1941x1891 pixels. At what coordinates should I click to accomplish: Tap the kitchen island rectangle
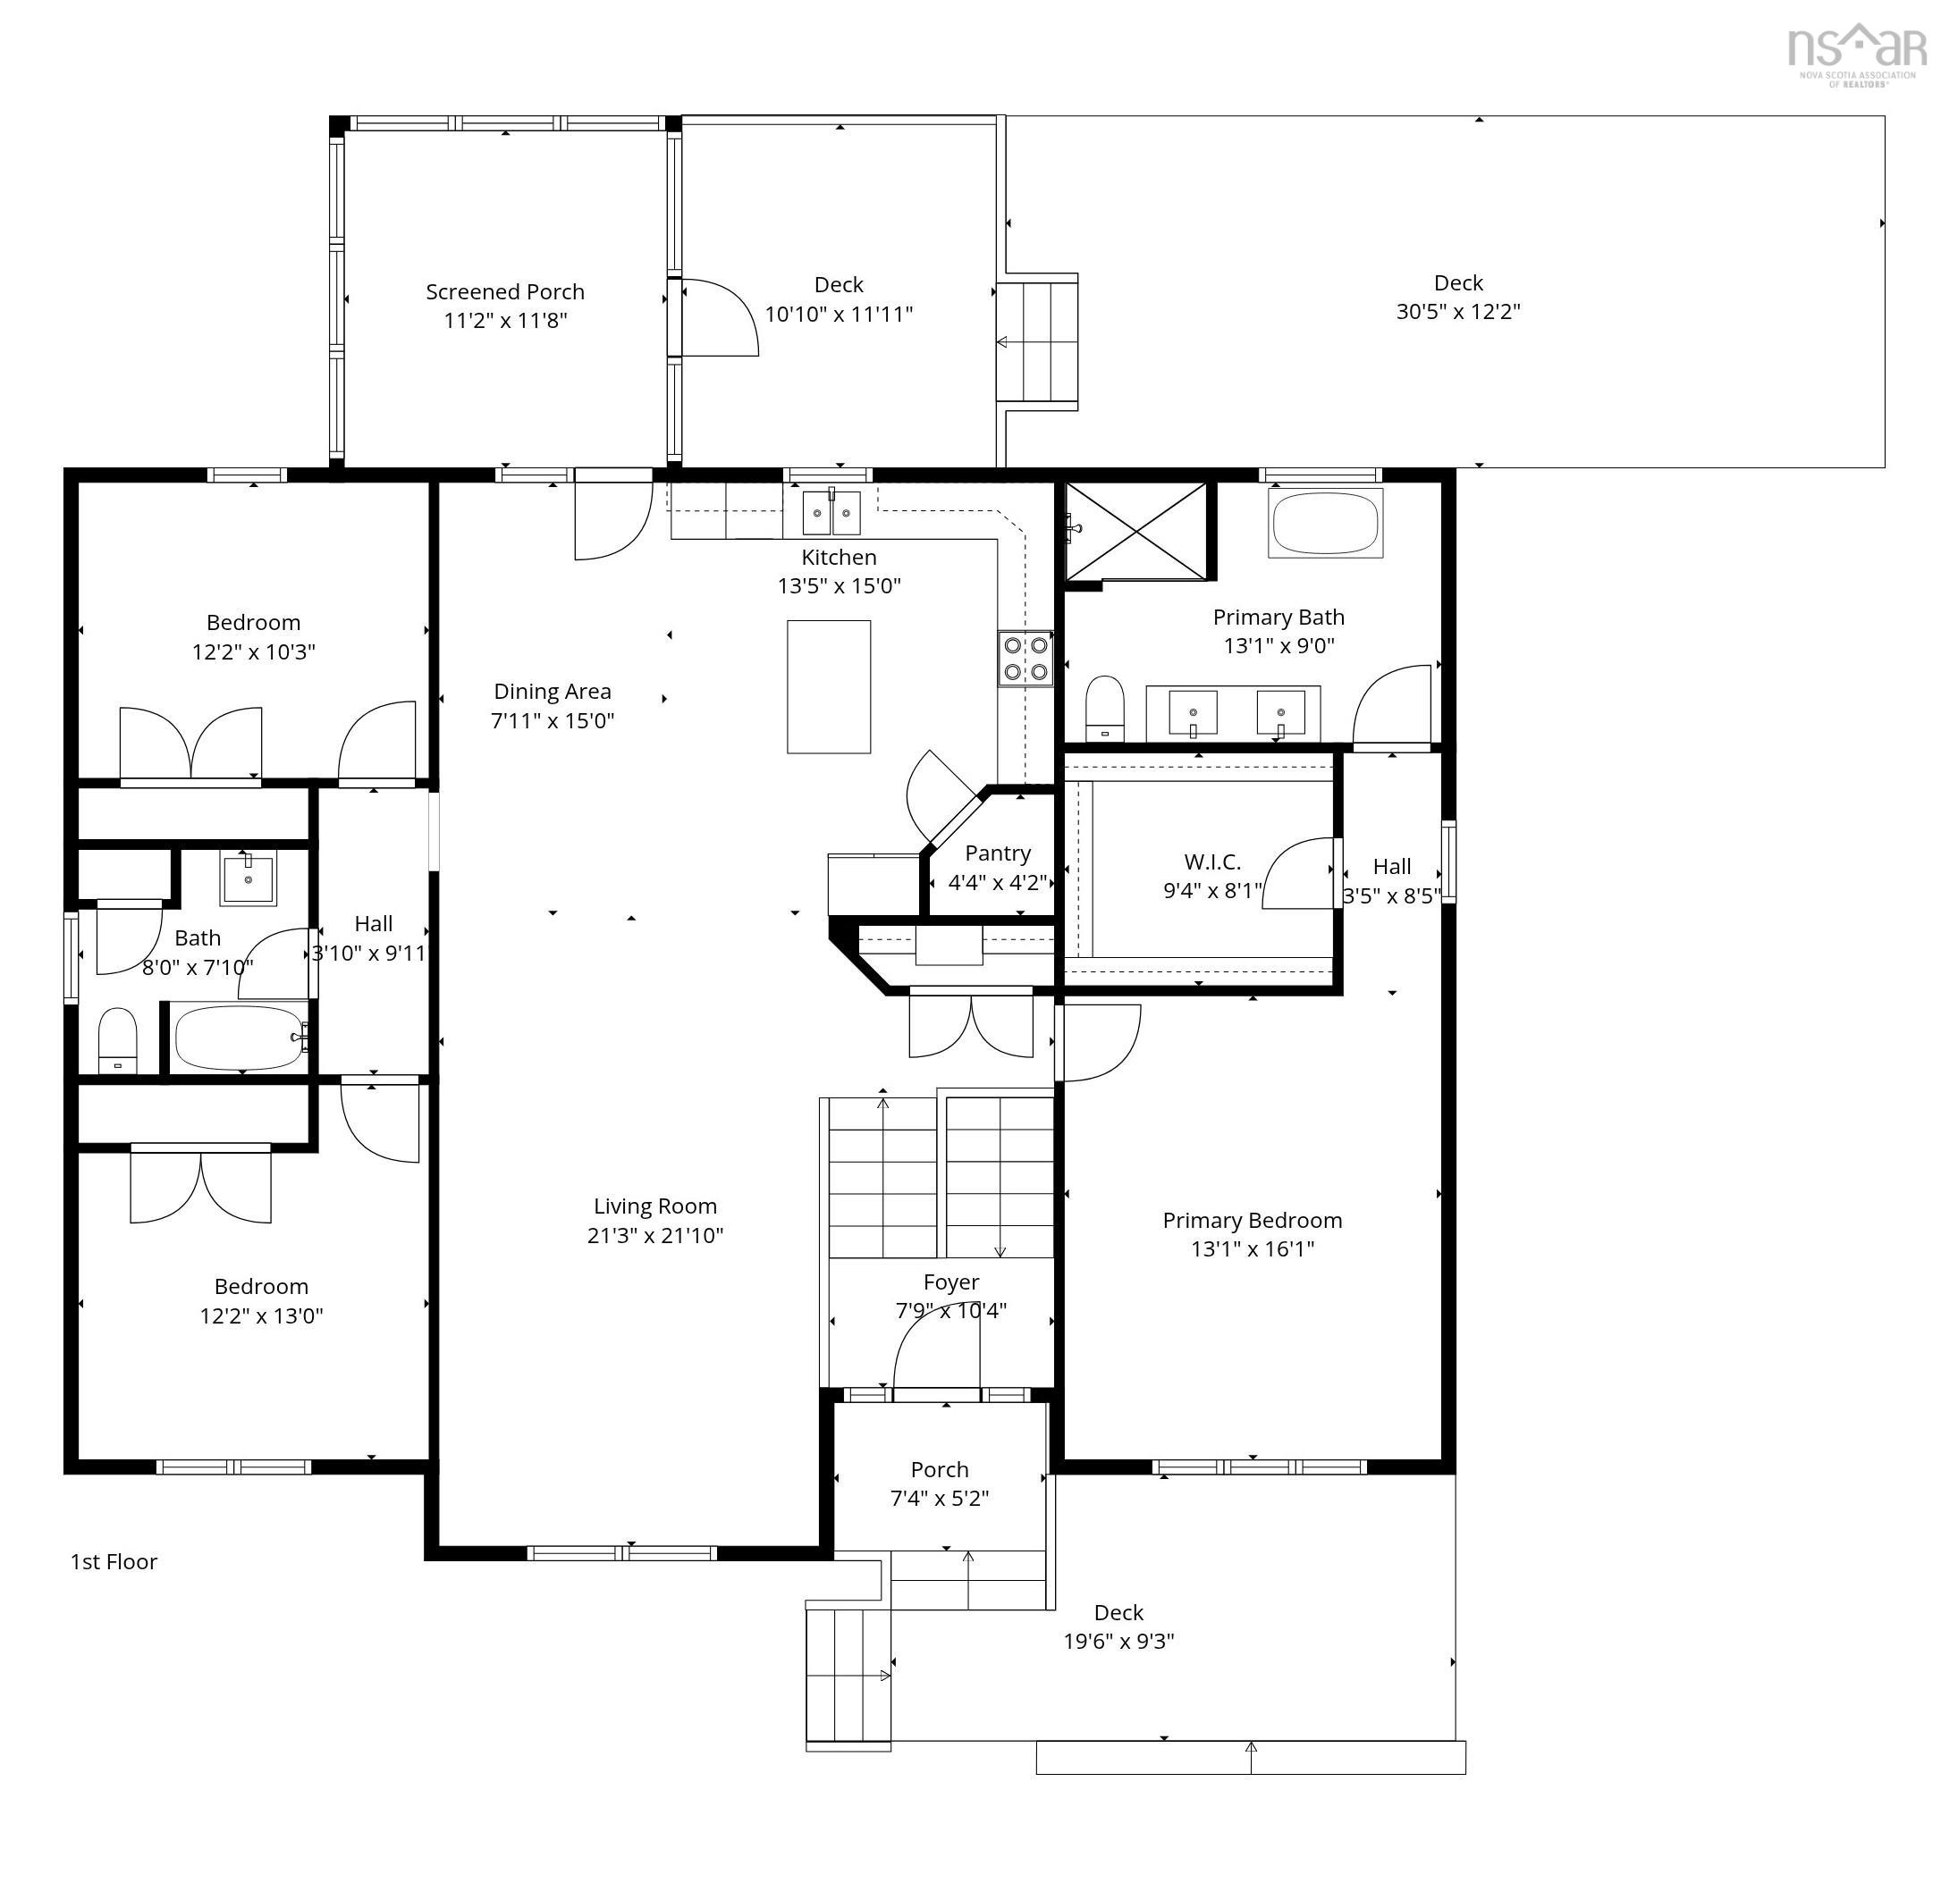click(x=829, y=686)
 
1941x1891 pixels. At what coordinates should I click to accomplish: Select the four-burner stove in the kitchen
click(x=1025, y=659)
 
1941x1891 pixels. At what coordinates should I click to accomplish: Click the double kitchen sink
click(x=831, y=511)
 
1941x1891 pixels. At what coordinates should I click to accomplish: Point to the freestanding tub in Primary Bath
click(x=1325, y=524)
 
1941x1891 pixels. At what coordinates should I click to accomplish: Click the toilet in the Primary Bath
click(x=1103, y=707)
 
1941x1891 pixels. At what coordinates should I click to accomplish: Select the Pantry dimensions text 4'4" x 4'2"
click(x=997, y=882)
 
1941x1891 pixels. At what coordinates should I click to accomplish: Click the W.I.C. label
click(x=1211, y=861)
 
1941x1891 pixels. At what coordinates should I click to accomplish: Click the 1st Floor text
click(x=114, y=1561)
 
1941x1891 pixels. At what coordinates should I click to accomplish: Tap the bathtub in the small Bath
click(x=241, y=1038)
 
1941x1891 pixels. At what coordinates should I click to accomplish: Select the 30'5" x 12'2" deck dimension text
click(x=1457, y=311)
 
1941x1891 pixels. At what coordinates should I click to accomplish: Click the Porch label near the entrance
click(x=939, y=1469)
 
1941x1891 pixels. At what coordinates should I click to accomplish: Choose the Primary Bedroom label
click(x=1252, y=1220)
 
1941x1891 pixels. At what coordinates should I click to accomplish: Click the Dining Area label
click(x=553, y=691)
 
